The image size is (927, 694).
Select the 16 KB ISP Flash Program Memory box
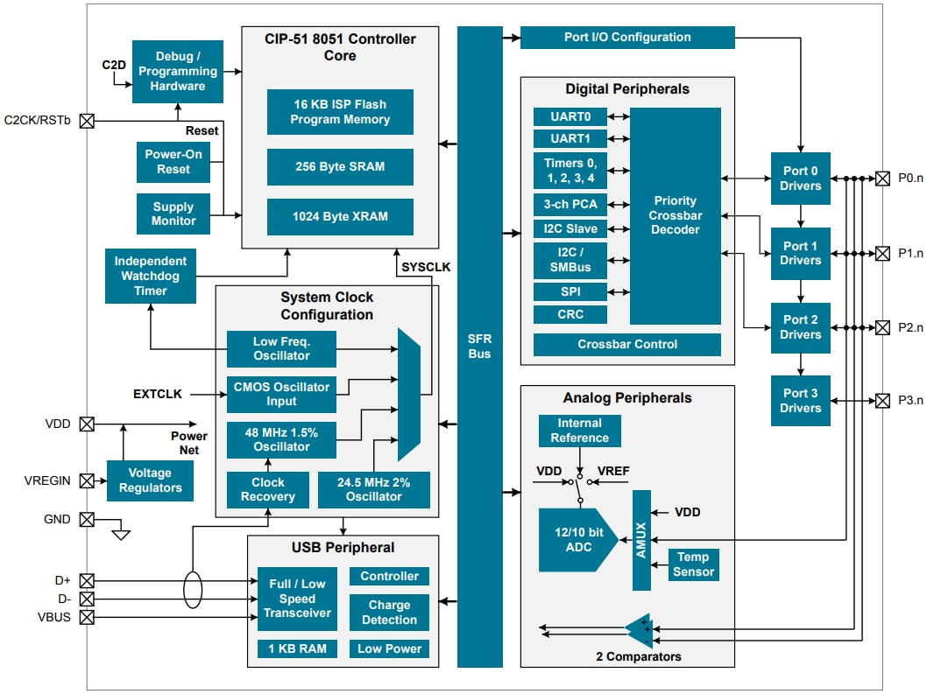click(x=340, y=111)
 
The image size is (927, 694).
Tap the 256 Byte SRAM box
click(x=340, y=166)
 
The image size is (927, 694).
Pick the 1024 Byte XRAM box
click(x=340, y=216)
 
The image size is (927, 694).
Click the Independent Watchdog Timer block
click(x=150, y=276)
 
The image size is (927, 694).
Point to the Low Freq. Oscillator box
click(x=280, y=348)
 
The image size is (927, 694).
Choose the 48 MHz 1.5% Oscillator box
click(x=280, y=439)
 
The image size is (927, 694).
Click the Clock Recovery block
click(x=267, y=489)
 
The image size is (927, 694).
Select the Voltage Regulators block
click(x=150, y=480)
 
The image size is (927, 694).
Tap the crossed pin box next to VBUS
click(x=87, y=617)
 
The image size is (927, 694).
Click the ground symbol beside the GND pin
click(x=121, y=532)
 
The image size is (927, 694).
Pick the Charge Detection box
click(x=389, y=613)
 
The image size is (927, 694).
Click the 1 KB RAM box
click(x=293, y=648)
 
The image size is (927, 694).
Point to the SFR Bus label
click(x=479, y=347)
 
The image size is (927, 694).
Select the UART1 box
click(x=570, y=138)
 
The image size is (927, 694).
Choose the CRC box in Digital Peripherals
click(x=570, y=314)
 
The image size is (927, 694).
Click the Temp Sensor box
click(x=693, y=564)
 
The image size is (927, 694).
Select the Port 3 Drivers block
click(x=801, y=401)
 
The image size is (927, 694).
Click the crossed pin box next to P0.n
click(x=882, y=179)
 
